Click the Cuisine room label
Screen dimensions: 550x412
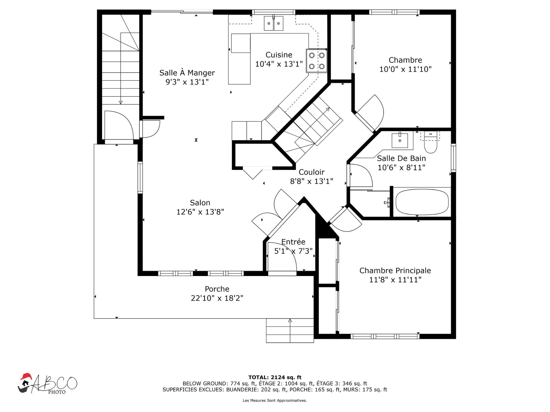click(279, 55)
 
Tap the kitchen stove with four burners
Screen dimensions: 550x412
click(317, 61)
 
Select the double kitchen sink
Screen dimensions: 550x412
click(274, 23)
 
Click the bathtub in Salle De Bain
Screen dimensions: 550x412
click(422, 202)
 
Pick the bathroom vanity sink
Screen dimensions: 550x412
click(400, 140)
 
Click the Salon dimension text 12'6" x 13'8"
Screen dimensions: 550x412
click(200, 212)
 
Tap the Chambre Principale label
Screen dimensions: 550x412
click(395, 271)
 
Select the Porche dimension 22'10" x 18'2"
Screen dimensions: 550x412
click(217, 298)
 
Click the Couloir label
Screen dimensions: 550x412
click(311, 172)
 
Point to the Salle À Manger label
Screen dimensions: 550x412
click(187, 73)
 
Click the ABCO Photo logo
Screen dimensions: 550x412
click(48, 384)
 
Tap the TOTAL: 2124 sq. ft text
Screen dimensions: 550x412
click(275, 377)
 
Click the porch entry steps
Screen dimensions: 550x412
click(290, 331)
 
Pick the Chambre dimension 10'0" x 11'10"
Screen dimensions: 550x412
click(405, 69)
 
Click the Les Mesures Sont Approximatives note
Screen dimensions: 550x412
click(275, 401)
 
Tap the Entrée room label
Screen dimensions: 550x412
click(293, 242)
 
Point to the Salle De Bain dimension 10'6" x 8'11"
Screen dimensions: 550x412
click(401, 168)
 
